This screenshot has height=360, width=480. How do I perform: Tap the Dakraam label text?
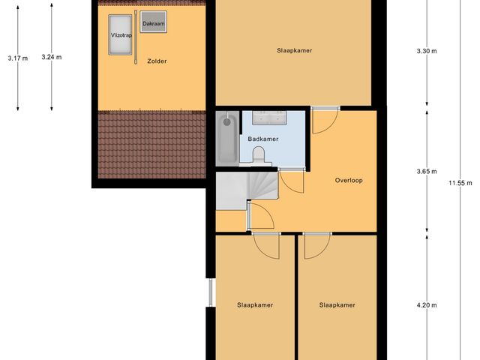coord(153,23)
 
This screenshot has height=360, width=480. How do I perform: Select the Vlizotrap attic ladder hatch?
coord(120,34)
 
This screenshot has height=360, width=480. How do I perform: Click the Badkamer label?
coord(263,139)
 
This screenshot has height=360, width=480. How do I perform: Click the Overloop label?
coord(349,180)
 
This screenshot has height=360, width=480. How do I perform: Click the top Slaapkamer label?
coord(293,51)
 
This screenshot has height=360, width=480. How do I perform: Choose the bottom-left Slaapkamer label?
coord(255,305)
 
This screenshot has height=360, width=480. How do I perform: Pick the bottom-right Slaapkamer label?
coord(336,305)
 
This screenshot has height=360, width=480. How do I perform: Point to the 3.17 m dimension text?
coord(17,58)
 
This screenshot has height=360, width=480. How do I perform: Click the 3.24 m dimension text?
coord(52,57)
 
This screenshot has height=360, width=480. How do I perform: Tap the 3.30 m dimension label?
coord(427,51)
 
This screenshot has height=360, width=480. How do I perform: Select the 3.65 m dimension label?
coord(427,171)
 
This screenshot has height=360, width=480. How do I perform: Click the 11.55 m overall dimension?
coord(460,182)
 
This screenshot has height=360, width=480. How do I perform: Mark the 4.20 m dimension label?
coord(427,305)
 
